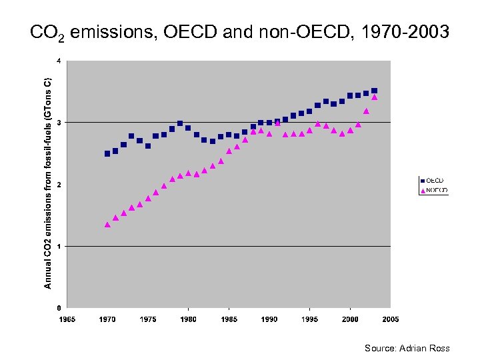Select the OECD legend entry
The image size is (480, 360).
coord(432,181)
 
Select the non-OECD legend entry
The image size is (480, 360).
coord(433,190)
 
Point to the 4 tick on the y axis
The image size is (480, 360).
coord(59,61)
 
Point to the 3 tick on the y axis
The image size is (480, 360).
coord(59,123)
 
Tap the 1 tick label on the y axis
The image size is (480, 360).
coord(59,247)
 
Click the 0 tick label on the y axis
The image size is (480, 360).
coord(59,308)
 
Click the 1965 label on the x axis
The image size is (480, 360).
coord(67,320)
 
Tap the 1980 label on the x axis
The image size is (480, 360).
coord(189,320)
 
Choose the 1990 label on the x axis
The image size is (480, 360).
coord(269,320)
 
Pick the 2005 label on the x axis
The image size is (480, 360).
coord(390,320)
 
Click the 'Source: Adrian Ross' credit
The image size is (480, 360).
coord(407,348)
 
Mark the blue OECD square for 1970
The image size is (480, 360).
coord(107,153)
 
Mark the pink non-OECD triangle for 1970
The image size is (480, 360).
coord(107,225)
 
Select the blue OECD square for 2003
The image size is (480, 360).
coord(374,91)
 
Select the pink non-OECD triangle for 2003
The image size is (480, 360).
coord(374,97)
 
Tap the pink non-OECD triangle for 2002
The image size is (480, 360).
coord(366,111)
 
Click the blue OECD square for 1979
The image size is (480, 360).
coord(180,123)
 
